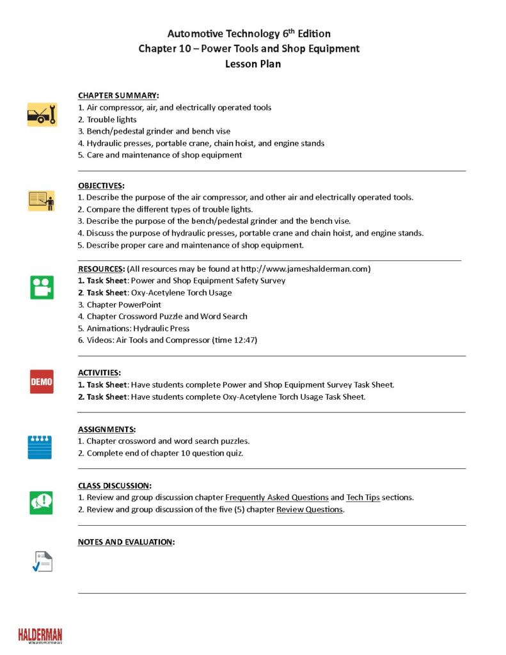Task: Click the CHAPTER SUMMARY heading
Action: pyautogui.click(x=118, y=95)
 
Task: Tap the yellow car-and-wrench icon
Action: pyautogui.click(x=42, y=114)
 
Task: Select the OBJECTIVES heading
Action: pyautogui.click(x=101, y=185)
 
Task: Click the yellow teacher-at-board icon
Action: pyautogui.click(x=42, y=200)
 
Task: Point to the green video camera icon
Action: pyautogui.click(x=42, y=287)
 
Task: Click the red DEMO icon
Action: pyautogui.click(x=42, y=382)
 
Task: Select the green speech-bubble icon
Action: pyautogui.click(x=42, y=502)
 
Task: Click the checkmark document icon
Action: pyautogui.click(x=42, y=561)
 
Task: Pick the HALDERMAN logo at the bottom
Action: pyautogui.click(x=40, y=635)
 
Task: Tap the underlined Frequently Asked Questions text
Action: pyautogui.click(x=277, y=498)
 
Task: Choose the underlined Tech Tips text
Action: pyautogui.click(x=363, y=498)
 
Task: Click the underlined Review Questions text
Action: pyautogui.click(x=310, y=510)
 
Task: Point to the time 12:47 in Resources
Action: pyautogui.click(x=245, y=340)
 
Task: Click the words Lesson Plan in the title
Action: pyautogui.click(x=253, y=64)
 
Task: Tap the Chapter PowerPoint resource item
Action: pyautogui.click(x=123, y=304)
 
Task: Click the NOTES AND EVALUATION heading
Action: pyautogui.click(x=126, y=542)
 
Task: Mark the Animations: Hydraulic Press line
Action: pyautogui.click(x=138, y=328)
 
